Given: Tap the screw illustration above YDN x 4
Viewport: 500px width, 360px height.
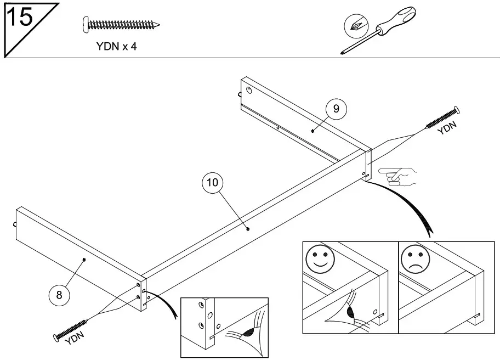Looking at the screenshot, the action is click(x=121, y=25).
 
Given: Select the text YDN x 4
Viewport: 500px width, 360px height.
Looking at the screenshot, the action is click(x=116, y=47).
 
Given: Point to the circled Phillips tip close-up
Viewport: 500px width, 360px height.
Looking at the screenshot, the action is click(x=356, y=26).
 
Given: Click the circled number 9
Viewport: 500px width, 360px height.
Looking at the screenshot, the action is click(x=336, y=109).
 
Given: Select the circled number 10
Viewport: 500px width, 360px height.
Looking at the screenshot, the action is click(x=212, y=183).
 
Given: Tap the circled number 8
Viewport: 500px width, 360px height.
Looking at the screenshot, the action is click(x=59, y=295).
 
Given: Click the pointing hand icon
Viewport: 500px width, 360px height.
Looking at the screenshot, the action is click(x=398, y=176).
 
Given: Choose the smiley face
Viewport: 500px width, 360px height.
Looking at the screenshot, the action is click(x=319, y=258).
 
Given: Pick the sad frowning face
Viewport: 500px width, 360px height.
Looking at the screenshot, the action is click(x=414, y=258).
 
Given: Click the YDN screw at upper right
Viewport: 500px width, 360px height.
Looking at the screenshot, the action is click(x=443, y=118).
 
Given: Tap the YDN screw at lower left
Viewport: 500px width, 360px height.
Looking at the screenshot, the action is click(x=71, y=329).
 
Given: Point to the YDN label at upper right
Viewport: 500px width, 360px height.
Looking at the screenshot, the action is click(x=447, y=128).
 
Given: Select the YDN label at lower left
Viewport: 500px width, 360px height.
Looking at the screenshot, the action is click(x=75, y=339).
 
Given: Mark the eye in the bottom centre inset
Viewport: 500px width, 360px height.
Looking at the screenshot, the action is click(x=246, y=333).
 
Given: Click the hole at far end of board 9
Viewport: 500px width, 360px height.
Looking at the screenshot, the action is click(x=249, y=91).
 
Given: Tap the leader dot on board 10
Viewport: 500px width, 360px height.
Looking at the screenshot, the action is click(x=248, y=229).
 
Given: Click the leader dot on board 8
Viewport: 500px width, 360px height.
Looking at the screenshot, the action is click(x=84, y=260).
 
